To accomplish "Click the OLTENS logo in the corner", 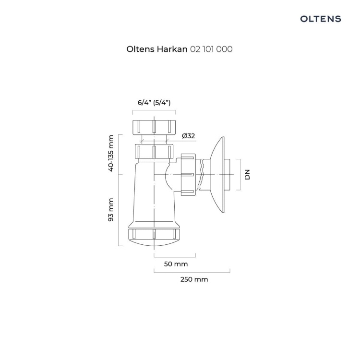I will pyautogui.click(x=320, y=19).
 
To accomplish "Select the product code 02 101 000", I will pyautogui.click(x=212, y=49).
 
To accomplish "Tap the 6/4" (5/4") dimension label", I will pyautogui.click(x=154, y=103).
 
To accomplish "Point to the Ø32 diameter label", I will pyautogui.click(x=188, y=136).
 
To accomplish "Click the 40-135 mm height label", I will pyautogui.click(x=111, y=153).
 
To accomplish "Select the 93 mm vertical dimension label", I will pyautogui.click(x=111, y=210).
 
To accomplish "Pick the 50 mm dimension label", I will pyautogui.click(x=176, y=264).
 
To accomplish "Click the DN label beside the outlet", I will pyautogui.click(x=248, y=174).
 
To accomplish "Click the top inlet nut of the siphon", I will pyautogui.click(x=154, y=126).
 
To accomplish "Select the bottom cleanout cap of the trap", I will pyautogui.click(x=154, y=235).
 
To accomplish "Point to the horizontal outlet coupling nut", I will pyautogui.click(x=189, y=174).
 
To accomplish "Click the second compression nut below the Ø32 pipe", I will pyautogui.click(x=154, y=152).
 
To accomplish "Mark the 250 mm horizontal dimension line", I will pyautogui.click(x=192, y=272).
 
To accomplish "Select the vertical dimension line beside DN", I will pyautogui.click(x=239, y=174).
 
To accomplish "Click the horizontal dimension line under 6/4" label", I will pyautogui.click(x=154, y=110).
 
